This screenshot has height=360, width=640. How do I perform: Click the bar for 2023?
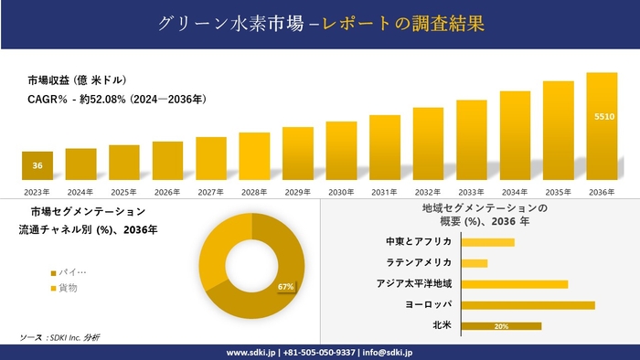37,165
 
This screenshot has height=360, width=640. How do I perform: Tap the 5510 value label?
603,117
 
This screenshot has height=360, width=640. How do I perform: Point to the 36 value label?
37,166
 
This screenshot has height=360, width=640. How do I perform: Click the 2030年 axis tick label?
341,192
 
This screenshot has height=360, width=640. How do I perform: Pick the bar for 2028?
254,156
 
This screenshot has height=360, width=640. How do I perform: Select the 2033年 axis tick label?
471,192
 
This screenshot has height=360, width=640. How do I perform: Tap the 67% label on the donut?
285,287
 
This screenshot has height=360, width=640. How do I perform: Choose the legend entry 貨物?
68,288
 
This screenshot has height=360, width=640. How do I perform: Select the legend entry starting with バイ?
72,272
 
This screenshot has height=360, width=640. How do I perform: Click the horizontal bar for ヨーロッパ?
528,305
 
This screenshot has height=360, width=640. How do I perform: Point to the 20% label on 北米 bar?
500,326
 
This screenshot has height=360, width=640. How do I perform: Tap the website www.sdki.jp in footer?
251,352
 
